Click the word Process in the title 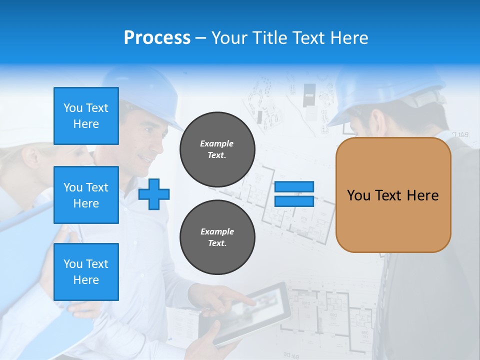click(157, 38)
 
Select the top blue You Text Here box click(86, 116)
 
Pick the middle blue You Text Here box click(86, 195)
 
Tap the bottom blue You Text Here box click(86, 271)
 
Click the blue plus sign click(154, 194)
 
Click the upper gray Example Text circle click(217, 149)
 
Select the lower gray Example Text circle click(217, 237)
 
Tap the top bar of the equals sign click(294, 186)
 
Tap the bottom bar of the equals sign click(294, 201)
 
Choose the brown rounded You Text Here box click(393, 195)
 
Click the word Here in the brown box click(422, 195)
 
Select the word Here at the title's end click(350, 38)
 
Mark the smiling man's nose click(163, 144)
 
